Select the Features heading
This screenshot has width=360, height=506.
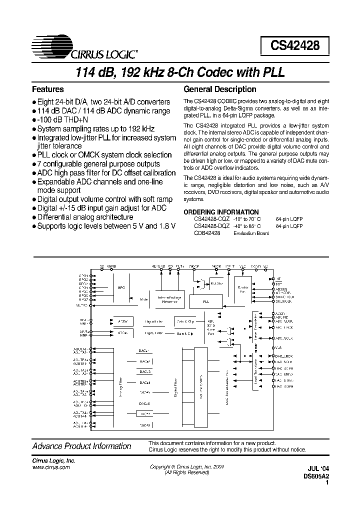click(47, 89)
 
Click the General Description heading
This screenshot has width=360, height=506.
click(220, 89)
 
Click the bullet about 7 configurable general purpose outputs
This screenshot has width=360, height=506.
click(98, 164)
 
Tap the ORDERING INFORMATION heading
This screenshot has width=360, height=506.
click(221, 212)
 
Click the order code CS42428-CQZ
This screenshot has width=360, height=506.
click(211, 219)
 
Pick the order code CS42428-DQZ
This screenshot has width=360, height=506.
click(211, 226)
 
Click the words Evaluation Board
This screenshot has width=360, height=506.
click(251, 233)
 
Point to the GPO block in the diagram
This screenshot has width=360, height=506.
click(121, 288)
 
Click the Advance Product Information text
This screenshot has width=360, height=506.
click(81, 446)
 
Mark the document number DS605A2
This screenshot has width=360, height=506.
click(316, 477)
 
